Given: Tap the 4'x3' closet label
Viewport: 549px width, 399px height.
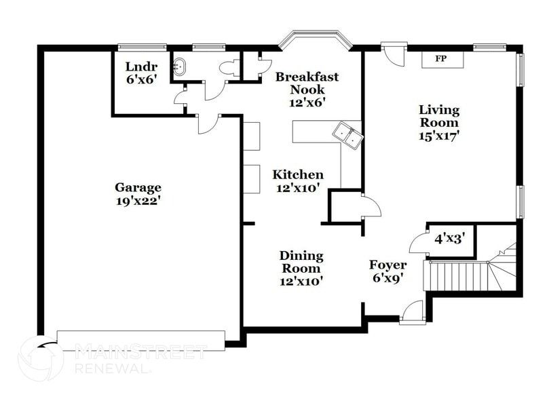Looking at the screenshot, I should point(448,238).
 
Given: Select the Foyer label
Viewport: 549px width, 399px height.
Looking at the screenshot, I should point(387,265).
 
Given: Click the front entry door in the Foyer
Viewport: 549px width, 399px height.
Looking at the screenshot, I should point(411,314).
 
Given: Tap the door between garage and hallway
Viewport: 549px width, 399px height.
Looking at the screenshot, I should point(207,123).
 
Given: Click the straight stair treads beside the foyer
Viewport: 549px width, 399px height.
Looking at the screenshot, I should point(456,277).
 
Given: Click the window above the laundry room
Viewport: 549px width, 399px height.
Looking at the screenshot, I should point(142,47).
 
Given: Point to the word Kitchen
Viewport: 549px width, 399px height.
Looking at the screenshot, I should point(298,174).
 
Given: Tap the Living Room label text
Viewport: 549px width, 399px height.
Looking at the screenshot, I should point(438,116).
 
